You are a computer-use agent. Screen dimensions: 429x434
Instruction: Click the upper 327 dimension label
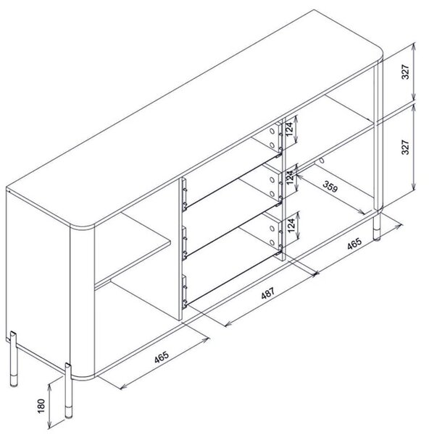(405, 72)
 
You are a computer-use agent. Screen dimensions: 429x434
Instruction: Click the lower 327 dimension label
(405, 147)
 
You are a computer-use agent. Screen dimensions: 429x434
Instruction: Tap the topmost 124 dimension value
(289, 129)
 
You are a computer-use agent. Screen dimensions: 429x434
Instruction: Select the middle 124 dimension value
(289, 177)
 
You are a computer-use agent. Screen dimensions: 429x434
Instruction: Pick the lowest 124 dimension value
(291, 226)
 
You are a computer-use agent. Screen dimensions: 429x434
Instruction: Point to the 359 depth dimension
(330, 187)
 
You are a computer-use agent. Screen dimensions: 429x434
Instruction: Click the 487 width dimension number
(267, 293)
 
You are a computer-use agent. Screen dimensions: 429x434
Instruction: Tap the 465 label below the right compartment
(354, 243)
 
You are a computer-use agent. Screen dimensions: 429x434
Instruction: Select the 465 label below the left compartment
(162, 357)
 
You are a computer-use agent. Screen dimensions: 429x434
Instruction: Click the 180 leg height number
(41, 406)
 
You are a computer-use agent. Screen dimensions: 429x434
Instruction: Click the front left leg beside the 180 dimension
(68, 391)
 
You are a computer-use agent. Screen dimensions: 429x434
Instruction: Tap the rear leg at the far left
(13, 359)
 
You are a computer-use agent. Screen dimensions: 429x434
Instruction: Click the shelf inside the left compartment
(133, 249)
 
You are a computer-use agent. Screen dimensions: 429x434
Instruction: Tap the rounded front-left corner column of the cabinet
(83, 301)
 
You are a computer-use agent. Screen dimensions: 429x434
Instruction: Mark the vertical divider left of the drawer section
(180, 249)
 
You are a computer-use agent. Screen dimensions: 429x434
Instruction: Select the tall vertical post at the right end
(378, 136)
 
